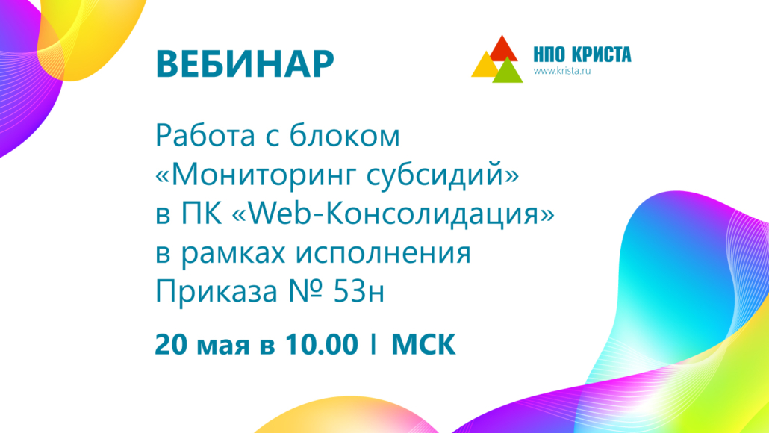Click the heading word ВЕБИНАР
click(245, 63)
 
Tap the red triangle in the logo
click(502, 49)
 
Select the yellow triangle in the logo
click(485, 65)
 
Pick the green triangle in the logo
click(508, 71)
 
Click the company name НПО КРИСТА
click(582, 54)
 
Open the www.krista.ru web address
click(562, 71)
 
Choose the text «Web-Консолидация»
click(393, 215)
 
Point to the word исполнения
click(383, 254)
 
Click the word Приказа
click(217, 293)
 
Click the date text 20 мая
click(202, 344)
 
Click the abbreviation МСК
click(423, 344)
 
